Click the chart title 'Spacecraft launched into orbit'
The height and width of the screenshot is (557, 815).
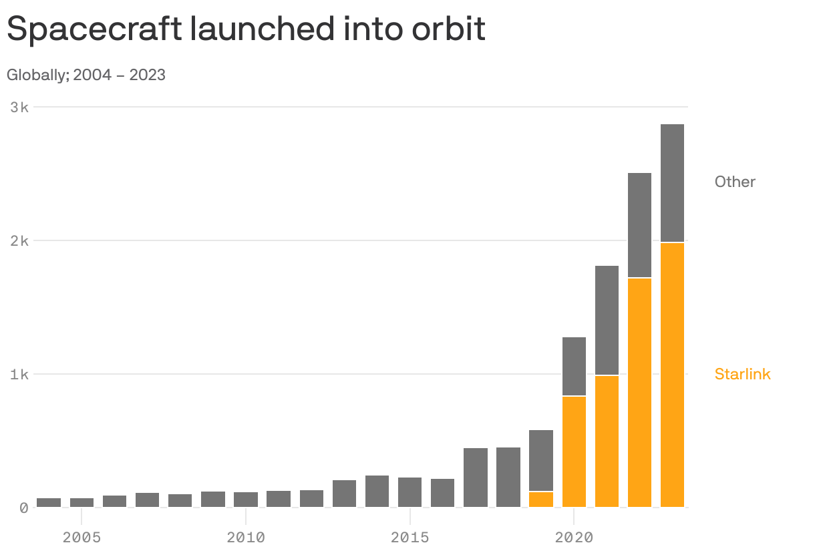246,29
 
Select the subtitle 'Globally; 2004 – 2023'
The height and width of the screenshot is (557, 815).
86,75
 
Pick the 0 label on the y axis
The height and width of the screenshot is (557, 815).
23,508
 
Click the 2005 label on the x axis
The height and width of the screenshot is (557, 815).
81,537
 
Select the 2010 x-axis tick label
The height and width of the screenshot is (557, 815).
246,537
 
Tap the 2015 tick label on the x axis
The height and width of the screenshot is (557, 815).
410,537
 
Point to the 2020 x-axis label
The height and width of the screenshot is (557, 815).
574,537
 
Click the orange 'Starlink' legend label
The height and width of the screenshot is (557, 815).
742,374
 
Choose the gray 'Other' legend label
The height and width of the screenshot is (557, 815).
735,182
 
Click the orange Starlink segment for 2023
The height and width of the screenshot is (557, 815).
672,375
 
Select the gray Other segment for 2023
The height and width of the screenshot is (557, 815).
672,183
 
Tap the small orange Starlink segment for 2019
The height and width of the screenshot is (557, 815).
541,500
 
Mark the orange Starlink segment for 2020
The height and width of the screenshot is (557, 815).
574,451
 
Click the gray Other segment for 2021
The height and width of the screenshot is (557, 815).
607,321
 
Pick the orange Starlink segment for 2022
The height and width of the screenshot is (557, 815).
639,393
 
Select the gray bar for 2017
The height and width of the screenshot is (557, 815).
476,478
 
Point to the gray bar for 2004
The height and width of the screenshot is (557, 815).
49,502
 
